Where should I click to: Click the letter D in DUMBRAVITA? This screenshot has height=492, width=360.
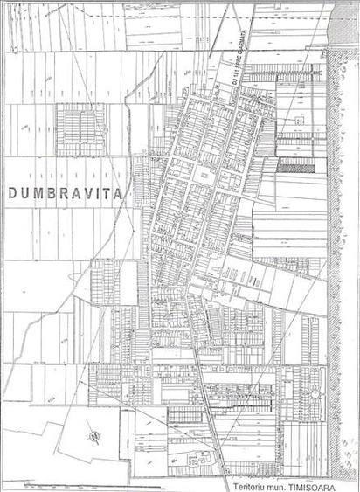point(13,193)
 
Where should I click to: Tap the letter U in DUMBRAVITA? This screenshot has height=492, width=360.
point(27,193)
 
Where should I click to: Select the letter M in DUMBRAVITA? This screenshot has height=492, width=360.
point(43,193)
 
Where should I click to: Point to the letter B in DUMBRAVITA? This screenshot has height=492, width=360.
point(59,193)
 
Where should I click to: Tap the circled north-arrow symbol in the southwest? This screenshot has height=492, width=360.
point(91,437)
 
